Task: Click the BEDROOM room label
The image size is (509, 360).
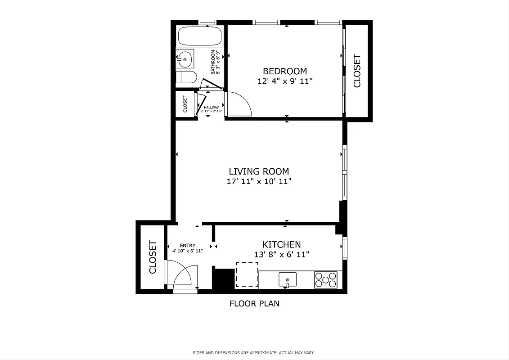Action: point(284,71)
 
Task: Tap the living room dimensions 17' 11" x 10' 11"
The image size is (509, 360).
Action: point(259,182)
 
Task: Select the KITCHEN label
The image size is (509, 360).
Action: point(282,244)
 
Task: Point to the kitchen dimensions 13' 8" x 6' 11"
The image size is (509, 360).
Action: point(282,255)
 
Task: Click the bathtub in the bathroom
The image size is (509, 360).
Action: point(199,36)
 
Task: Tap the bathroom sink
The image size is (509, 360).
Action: point(185,59)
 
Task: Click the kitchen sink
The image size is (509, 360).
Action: point(288,279)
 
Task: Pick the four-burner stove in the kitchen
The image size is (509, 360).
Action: point(325,279)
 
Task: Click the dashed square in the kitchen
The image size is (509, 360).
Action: point(247,274)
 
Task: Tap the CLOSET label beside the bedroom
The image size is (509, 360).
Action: point(357,71)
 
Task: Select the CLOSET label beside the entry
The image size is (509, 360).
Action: point(153,257)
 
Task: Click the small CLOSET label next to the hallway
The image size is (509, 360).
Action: point(185,104)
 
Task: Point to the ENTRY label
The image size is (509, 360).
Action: point(188,245)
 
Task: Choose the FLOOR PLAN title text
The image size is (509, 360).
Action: point(254,303)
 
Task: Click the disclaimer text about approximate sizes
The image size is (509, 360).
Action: point(254,352)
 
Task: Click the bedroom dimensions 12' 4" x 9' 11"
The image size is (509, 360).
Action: point(284,81)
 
